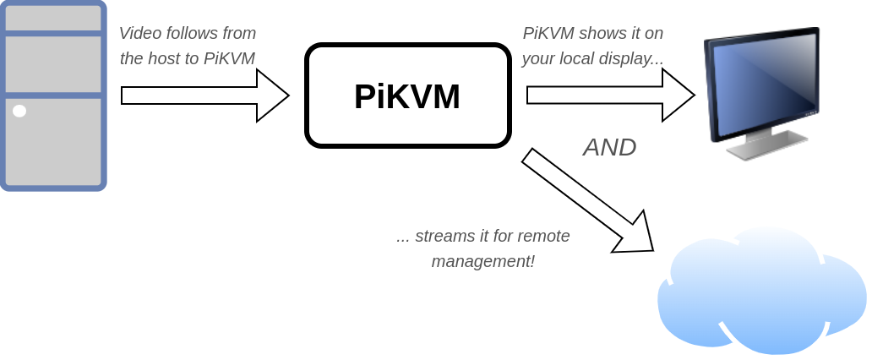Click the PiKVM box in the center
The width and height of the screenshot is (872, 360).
408,95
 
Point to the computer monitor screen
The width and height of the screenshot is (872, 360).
761,85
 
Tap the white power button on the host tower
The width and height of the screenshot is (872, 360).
19,111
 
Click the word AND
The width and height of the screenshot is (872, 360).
609,147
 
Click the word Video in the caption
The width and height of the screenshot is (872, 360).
139,34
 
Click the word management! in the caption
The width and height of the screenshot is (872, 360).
482,261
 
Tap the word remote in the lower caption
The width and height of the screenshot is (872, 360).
544,237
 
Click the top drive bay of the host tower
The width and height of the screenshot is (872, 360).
52,17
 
